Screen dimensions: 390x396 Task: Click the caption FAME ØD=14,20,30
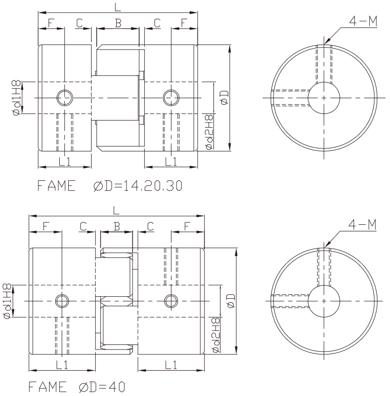(109, 186)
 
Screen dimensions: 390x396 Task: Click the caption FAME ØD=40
(77, 387)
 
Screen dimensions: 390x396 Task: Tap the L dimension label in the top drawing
(117, 7)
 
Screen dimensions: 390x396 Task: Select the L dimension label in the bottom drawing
(116, 210)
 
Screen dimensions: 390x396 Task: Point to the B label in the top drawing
(118, 23)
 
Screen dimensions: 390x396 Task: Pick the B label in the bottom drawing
(116, 226)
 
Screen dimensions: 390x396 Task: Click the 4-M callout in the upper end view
(363, 21)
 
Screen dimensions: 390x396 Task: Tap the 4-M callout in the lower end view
(362, 224)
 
